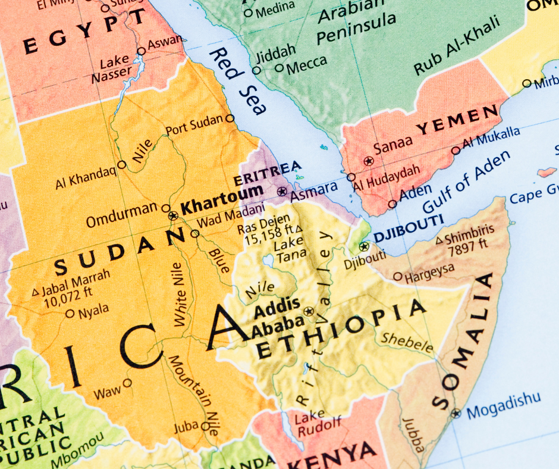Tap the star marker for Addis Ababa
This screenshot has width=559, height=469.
coord(309,311)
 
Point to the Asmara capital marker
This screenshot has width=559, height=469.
coord(282,192)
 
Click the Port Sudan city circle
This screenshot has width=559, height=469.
coord(230,118)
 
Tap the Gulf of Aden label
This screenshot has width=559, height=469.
coord(467,182)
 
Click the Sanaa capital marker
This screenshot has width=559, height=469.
coord(369,161)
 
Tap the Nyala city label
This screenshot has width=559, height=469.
coord(94,309)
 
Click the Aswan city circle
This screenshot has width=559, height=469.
coord(141,51)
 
